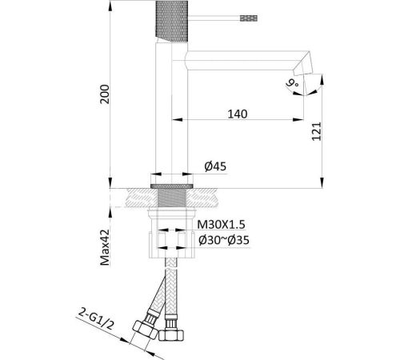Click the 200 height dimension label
click(x=105, y=94)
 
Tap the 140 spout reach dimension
click(x=238, y=114)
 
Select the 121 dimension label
click(x=317, y=131)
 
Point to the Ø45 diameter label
click(x=215, y=166)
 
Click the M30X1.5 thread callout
click(x=221, y=225)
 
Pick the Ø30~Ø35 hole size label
click(x=224, y=240)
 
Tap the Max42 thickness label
click(x=105, y=247)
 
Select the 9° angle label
click(x=293, y=83)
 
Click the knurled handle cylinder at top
click(x=171, y=21)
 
